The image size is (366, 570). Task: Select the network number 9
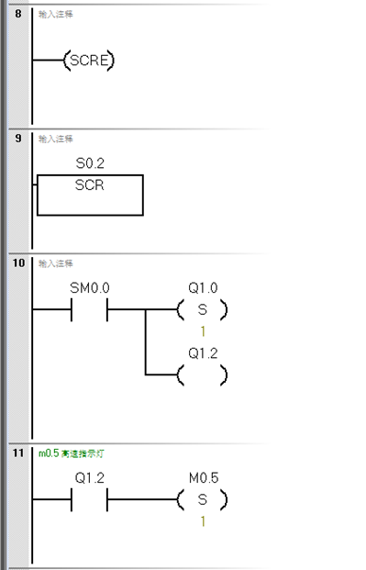[17, 140]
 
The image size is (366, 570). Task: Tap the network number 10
[18, 263]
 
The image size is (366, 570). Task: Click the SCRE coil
[89, 61]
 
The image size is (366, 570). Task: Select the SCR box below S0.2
[90, 194]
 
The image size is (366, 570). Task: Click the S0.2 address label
[90, 163]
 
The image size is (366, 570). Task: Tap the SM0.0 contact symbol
[90, 310]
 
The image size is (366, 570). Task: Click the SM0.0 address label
[90, 287]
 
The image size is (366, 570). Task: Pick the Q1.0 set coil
[203, 310]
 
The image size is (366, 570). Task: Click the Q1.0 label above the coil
[203, 287]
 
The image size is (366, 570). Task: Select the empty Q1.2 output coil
[203, 375]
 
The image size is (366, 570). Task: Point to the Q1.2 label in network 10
[203, 352]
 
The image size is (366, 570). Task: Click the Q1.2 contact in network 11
[90, 500]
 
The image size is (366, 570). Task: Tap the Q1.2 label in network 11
[90, 477]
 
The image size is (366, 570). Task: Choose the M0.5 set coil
[203, 500]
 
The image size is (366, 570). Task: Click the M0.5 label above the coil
[203, 477]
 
